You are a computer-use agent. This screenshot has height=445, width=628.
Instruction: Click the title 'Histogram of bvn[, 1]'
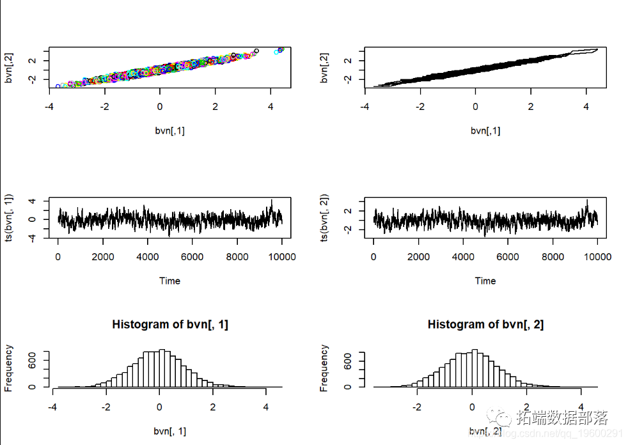point(170,324)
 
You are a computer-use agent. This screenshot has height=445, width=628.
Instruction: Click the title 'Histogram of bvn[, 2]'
point(485,324)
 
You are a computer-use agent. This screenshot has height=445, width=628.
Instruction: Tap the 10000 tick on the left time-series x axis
point(281,257)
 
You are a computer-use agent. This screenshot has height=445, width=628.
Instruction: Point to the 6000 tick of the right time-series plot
point(508,257)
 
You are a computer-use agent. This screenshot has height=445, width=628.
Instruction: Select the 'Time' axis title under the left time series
point(169,281)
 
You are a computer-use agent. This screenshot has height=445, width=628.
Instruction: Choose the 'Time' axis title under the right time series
point(485,281)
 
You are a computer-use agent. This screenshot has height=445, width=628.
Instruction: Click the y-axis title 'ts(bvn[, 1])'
point(9,217)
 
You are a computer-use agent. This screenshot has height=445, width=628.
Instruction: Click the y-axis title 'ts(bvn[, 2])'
point(324,217)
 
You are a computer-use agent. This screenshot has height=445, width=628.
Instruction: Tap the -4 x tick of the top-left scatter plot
point(50,106)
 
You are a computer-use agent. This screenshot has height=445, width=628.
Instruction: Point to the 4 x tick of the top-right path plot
point(586,106)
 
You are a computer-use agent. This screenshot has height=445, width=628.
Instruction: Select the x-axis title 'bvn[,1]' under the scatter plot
point(169,130)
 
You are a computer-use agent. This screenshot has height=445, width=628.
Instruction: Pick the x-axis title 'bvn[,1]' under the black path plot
point(485,130)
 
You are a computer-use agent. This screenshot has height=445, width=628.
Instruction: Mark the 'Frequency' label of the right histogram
point(324,368)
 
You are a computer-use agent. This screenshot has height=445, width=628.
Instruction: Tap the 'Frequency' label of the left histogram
point(9,368)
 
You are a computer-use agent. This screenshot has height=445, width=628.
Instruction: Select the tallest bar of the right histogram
point(475,368)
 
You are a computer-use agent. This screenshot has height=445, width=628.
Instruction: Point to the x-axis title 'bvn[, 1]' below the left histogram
point(169,432)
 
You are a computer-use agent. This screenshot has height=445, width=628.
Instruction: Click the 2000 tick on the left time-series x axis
point(102,257)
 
